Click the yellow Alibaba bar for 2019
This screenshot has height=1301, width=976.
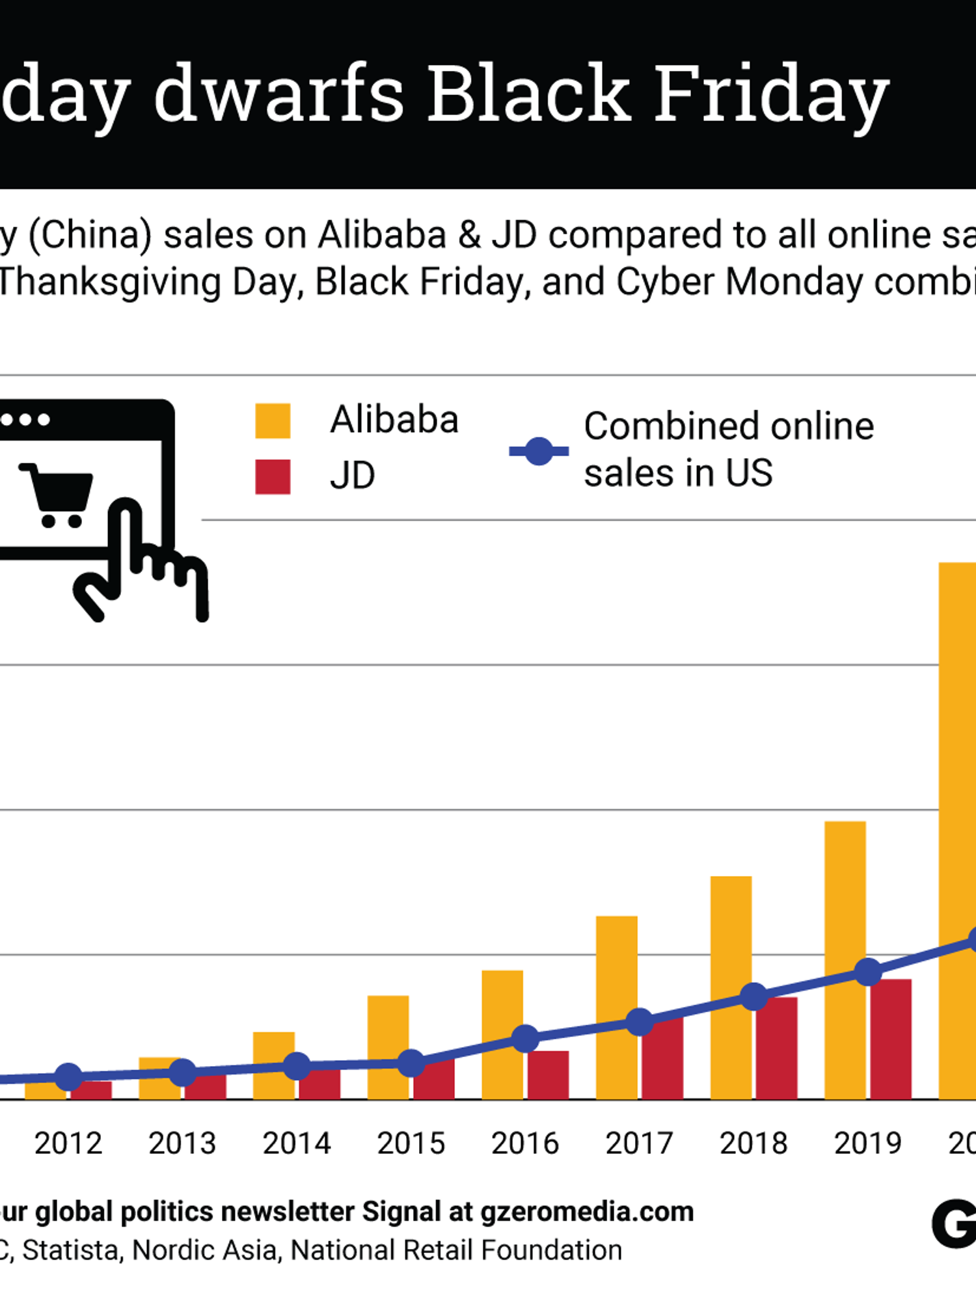coord(845,898)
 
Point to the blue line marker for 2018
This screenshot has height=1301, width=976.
coord(754,996)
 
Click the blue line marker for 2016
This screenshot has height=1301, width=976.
coord(526,1038)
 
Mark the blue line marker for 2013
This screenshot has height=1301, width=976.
coord(183,1073)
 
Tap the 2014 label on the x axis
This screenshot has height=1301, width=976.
coord(297,1144)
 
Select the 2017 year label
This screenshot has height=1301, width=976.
coord(639,1144)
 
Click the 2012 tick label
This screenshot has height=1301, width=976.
coord(68,1144)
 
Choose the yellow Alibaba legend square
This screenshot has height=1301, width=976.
coord(273,421)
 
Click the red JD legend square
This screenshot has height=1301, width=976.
coord(273,477)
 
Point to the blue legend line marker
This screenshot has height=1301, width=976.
coord(539,451)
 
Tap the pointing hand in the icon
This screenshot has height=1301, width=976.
coord(143,560)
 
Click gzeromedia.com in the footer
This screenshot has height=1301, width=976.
coord(587,1212)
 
